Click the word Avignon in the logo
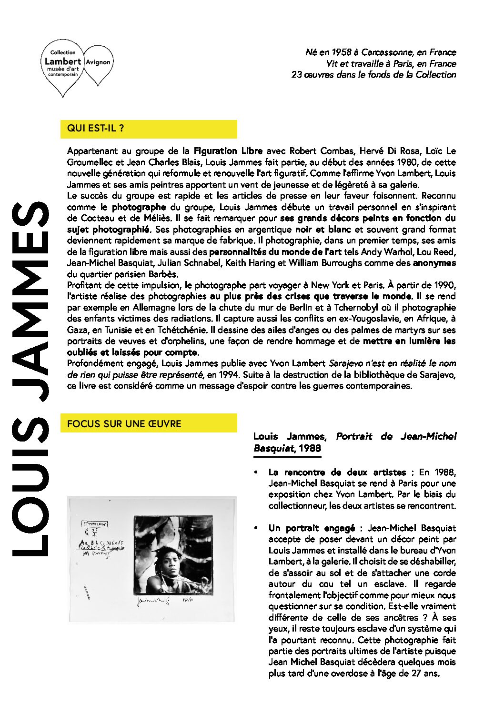click(x=98, y=62)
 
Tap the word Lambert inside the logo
click(x=63, y=61)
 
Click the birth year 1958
click(x=342, y=52)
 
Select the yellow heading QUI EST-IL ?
click(x=96, y=128)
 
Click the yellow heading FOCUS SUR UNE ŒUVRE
click(x=124, y=423)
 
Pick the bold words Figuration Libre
click(x=228, y=151)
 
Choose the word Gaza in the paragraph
click(x=77, y=330)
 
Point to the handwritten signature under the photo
click(x=153, y=602)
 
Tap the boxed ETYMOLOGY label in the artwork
click(x=95, y=524)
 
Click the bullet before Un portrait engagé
click(x=256, y=528)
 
